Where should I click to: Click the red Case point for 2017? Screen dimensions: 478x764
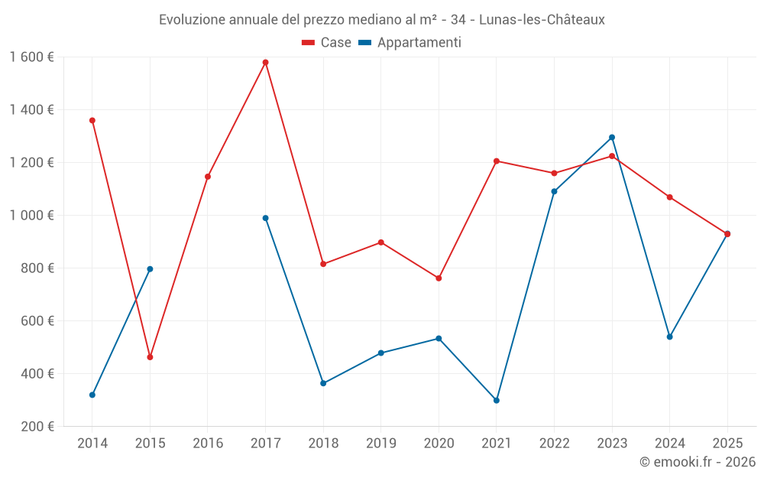[265, 63]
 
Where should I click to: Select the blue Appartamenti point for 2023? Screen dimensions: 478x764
[612, 138]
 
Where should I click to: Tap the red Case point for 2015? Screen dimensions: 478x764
[150, 357]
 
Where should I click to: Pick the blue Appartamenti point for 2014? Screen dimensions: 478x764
[92, 395]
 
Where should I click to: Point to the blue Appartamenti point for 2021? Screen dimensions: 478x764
[497, 400]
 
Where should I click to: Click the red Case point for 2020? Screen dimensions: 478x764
[439, 278]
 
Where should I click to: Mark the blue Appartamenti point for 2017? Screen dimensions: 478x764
[265, 218]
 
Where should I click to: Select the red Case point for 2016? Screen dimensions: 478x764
[208, 177]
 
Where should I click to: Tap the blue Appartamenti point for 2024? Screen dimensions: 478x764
[669, 337]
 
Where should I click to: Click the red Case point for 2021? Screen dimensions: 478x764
[497, 161]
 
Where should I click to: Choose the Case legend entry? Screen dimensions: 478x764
[327, 43]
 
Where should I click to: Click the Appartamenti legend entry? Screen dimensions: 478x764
[410, 43]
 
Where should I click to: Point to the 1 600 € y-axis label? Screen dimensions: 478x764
[31, 57]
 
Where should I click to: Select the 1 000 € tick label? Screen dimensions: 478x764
[31, 216]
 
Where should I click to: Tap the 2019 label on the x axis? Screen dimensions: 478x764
[380, 444]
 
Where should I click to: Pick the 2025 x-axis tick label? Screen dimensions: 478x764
[727, 444]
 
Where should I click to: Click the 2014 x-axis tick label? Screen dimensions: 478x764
[92, 444]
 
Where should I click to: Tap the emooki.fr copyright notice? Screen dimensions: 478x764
[697, 462]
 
